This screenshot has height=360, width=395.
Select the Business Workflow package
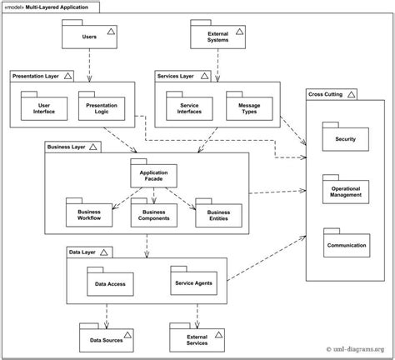pos(88,216)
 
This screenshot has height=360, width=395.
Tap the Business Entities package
pos(217,216)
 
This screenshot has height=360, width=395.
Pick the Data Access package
pos(110,283)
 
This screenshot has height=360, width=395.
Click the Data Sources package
pos(105,341)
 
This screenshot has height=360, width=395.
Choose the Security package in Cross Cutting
pos(346,138)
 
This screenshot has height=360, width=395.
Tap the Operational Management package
pos(346,192)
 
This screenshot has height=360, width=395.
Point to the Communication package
pos(346,246)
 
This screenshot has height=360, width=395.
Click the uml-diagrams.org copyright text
pos(353,349)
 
